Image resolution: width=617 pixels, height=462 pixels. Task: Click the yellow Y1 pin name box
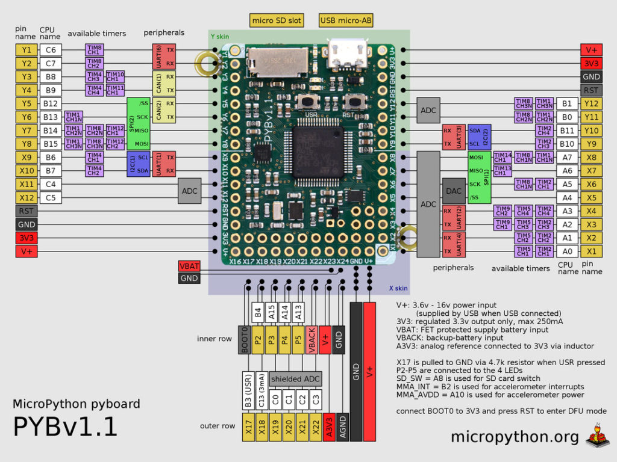pos(27,50)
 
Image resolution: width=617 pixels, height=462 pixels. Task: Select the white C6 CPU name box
pos(51,50)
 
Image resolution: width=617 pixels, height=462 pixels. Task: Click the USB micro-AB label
pos(346,21)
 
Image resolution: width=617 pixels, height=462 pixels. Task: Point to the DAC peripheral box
pos(454,191)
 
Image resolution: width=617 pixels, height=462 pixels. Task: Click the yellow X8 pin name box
pos(591,157)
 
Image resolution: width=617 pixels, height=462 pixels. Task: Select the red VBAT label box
pos(189,266)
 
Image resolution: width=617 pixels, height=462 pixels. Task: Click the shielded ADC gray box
pos(296,379)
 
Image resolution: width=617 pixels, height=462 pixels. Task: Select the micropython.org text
pos(515,436)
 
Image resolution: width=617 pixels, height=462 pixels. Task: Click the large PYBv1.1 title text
pos(65,427)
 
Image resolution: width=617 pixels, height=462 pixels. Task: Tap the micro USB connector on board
pos(346,54)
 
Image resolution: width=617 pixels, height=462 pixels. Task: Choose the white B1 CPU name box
pos(566,103)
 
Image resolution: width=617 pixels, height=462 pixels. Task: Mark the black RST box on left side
pos(27,211)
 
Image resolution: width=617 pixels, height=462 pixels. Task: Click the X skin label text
pos(394,289)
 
